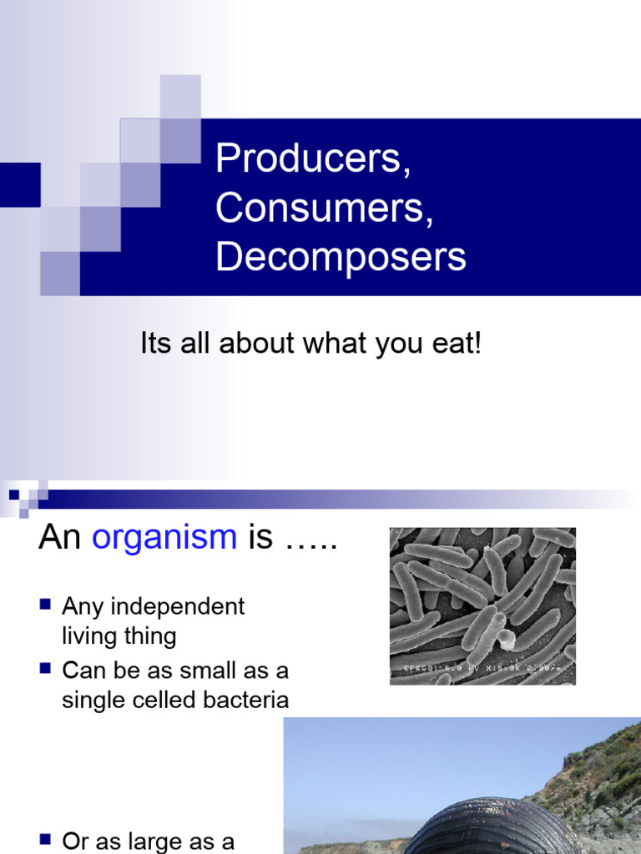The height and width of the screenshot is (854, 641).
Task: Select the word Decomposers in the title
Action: tap(340, 257)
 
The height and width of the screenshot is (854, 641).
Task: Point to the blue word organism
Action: tap(164, 538)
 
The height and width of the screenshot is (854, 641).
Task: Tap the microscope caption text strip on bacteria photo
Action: tap(482, 669)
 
